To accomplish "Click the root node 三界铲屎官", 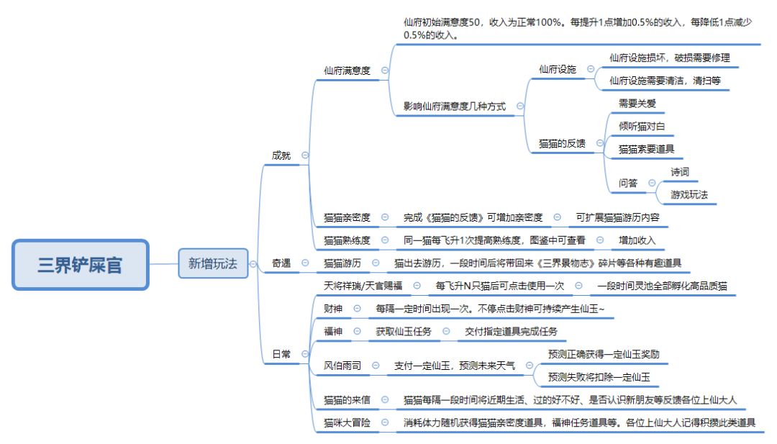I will click(80, 264).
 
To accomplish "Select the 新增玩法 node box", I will click(212, 264).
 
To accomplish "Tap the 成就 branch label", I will click(281, 155).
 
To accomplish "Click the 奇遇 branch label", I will click(281, 263).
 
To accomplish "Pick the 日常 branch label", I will click(281, 354).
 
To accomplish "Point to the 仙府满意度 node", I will click(347, 71).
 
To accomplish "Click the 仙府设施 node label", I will click(558, 69).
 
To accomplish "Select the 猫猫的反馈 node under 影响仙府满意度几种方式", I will click(562, 143).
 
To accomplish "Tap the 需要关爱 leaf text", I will click(637, 104).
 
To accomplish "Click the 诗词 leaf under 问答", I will click(680, 172).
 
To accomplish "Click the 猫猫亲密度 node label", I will click(347, 217).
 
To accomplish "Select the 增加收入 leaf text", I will click(637, 240).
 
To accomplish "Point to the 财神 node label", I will click(333, 309).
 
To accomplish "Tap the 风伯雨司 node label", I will click(342, 366).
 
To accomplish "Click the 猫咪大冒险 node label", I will click(347, 422).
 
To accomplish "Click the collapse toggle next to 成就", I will click(305, 155).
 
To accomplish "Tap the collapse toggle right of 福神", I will click(358, 331).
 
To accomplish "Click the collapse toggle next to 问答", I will click(652, 184).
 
